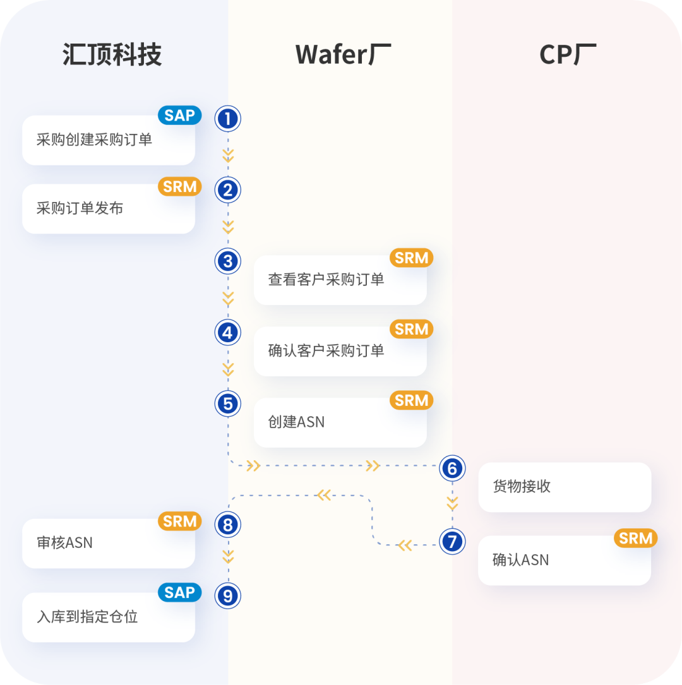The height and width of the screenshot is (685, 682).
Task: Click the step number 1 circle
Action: click(228, 118)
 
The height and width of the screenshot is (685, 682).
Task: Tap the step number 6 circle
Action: click(452, 468)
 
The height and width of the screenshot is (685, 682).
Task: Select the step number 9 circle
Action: click(228, 595)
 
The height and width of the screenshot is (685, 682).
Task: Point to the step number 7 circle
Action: click(452, 541)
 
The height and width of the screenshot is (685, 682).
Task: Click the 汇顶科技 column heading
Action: click(112, 55)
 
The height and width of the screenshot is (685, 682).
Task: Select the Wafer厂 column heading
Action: click(343, 55)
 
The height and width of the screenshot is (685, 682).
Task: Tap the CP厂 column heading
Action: click(568, 55)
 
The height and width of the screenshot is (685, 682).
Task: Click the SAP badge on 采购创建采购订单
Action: click(179, 116)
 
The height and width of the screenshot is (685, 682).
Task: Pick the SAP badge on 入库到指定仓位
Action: click(179, 592)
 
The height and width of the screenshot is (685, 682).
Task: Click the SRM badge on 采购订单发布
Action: click(179, 187)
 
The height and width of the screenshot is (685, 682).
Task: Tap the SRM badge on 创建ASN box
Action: click(411, 400)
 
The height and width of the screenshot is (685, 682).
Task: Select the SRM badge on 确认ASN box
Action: click(635, 538)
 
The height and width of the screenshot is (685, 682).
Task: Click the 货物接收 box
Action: click(564, 487)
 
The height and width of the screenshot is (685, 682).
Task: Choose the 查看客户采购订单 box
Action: click(340, 280)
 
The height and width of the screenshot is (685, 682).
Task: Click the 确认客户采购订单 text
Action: click(326, 351)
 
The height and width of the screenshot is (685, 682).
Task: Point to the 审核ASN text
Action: click(64, 542)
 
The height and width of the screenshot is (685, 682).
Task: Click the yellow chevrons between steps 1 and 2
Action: click(228, 155)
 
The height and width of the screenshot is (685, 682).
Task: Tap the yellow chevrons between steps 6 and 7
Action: click(452, 503)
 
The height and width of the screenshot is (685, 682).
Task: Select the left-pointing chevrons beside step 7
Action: click(405, 545)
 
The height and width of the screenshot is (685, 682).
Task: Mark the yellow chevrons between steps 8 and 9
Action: click(228, 557)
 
